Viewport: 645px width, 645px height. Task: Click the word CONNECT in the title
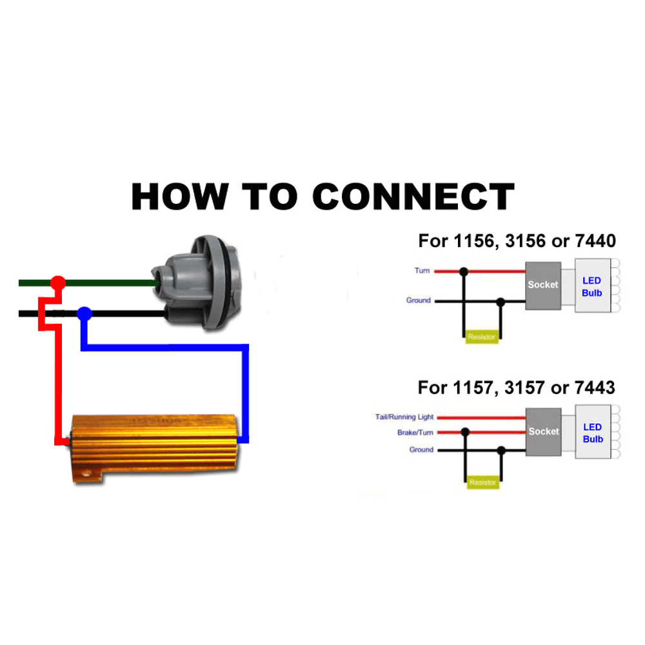[x=413, y=196]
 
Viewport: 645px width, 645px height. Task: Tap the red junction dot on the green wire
[x=58, y=283]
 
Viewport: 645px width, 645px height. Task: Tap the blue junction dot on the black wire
[x=84, y=314]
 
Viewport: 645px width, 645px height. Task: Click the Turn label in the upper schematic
[x=422, y=271]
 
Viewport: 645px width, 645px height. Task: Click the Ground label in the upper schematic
[x=418, y=301]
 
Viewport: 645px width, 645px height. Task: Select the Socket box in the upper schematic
[x=543, y=285]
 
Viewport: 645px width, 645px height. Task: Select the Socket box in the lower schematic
[x=543, y=432]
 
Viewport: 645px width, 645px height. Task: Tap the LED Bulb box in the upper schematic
[x=592, y=287]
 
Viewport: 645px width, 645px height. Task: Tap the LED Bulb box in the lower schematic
[x=592, y=433]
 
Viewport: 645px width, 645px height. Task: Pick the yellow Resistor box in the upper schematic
[x=482, y=337]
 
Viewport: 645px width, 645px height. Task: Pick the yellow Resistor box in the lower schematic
[x=482, y=482]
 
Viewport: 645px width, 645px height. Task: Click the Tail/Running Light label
[x=404, y=417]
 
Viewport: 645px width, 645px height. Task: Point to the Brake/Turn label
[x=415, y=433]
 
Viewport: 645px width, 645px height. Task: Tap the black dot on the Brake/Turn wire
[x=465, y=433]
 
